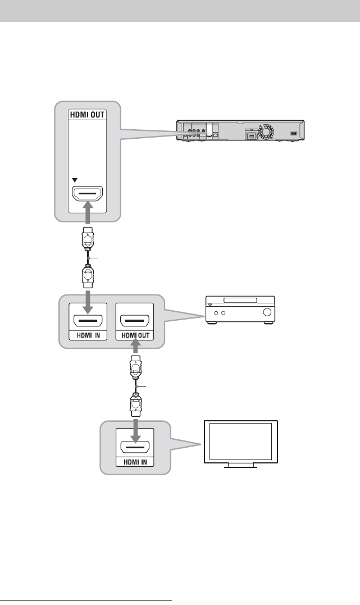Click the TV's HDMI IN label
click(x=134, y=462)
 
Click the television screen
click(x=239, y=441)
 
